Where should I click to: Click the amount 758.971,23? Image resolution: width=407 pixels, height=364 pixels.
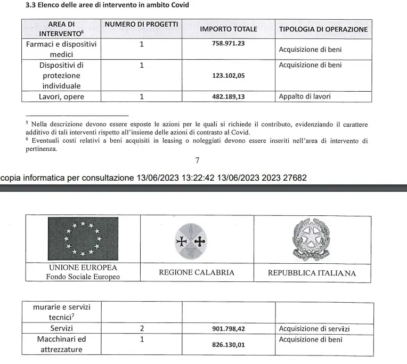tap(228, 43)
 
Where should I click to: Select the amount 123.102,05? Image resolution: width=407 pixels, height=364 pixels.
tap(228, 76)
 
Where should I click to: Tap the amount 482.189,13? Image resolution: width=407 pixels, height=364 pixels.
tap(228, 96)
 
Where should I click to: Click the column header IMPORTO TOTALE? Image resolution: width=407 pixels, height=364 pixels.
tap(228, 29)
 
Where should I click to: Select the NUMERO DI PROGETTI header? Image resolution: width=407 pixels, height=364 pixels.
tap(141, 25)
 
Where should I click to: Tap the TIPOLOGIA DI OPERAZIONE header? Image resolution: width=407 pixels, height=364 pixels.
tap(323, 29)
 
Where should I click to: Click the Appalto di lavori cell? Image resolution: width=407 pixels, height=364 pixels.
tap(304, 96)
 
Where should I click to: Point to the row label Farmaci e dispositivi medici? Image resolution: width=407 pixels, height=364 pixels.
tap(61, 49)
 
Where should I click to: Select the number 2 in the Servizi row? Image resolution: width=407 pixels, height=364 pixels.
tap(142, 329)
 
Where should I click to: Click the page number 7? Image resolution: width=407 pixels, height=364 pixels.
tap(198, 160)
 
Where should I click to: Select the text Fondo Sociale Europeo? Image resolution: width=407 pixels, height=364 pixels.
tap(83, 277)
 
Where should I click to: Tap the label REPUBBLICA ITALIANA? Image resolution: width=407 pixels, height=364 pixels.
tap(312, 272)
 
